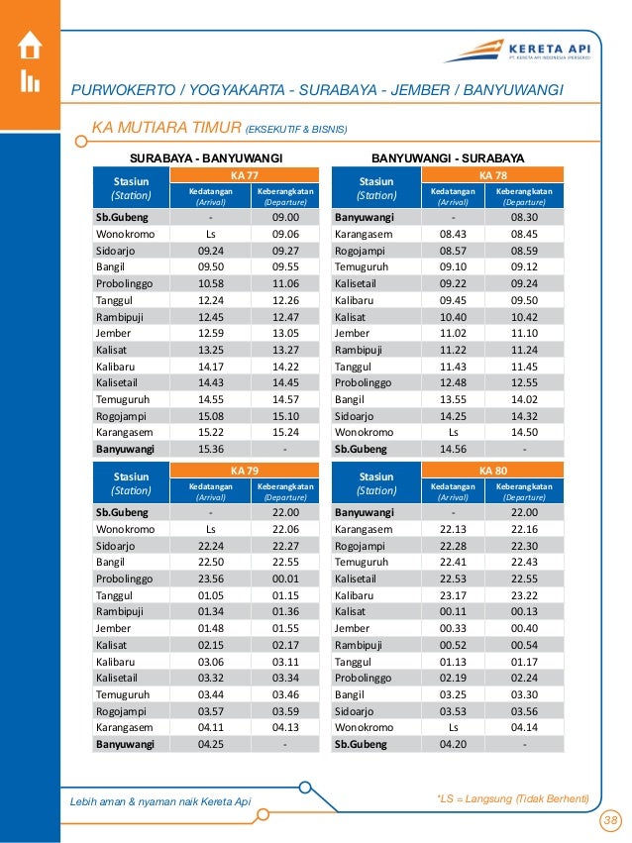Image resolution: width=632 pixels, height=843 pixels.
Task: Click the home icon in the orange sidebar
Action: pyautogui.click(x=30, y=46)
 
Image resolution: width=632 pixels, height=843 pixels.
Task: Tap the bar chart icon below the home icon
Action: pyautogui.click(x=30, y=81)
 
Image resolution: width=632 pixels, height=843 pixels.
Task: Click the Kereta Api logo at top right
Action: pyautogui.click(x=535, y=51)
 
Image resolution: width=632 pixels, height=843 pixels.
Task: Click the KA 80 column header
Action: pyautogui.click(x=491, y=470)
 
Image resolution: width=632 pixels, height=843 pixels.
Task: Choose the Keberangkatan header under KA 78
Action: pyautogui.click(x=524, y=195)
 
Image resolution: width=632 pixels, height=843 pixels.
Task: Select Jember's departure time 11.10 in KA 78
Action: pyautogui.click(x=524, y=335)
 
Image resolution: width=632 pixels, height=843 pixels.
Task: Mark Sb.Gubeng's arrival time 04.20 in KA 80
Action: pyautogui.click(x=453, y=742)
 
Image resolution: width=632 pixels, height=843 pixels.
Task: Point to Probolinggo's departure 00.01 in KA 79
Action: pyautogui.click(x=285, y=581)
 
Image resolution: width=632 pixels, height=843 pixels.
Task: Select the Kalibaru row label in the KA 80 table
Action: pyautogui.click(x=354, y=596)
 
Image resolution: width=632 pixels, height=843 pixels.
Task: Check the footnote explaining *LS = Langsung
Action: pyautogui.click(x=512, y=798)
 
